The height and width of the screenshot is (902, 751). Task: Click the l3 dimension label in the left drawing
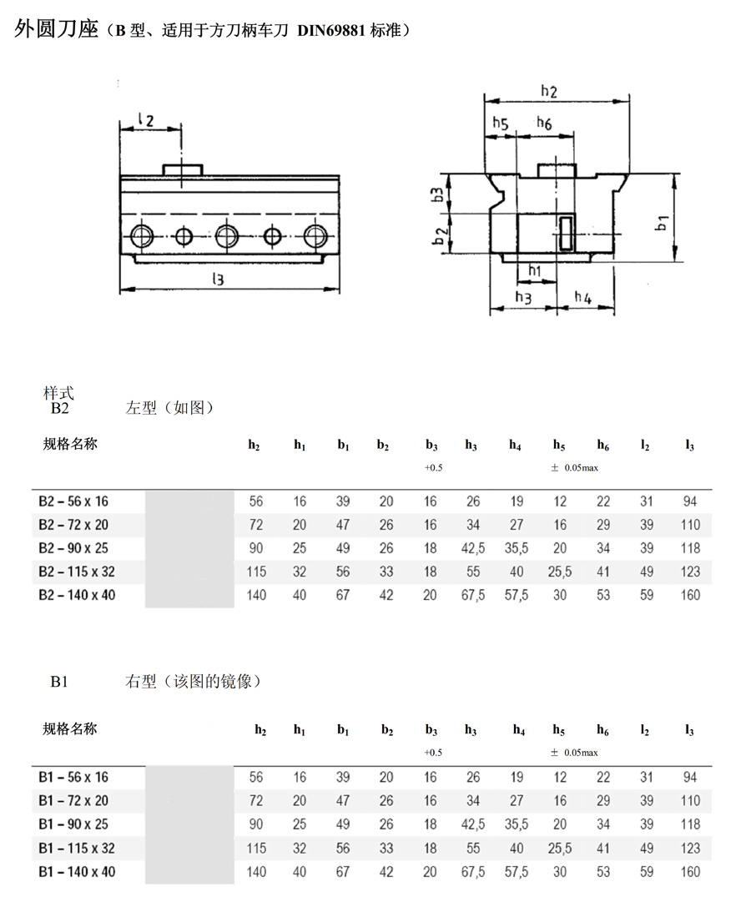(x=219, y=280)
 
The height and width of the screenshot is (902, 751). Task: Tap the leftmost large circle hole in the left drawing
(x=140, y=234)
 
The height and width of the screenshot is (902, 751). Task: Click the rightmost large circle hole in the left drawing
(x=315, y=234)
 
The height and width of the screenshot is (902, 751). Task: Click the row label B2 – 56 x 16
(x=73, y=501)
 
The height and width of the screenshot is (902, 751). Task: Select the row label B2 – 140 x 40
(x=77, y=595)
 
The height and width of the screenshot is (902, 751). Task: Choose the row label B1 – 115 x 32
(x=77, y=848)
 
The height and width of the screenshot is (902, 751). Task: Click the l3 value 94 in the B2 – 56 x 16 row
(x=689, y=501)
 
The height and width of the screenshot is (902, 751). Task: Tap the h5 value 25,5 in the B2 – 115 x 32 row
(x=559, y=572)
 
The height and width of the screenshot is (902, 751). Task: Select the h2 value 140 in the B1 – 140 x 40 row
(x=256, y=872)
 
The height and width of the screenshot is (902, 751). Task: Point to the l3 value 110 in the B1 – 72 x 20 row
(x=690, y=801)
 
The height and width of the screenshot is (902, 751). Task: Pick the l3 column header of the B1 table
(x=689, y=730)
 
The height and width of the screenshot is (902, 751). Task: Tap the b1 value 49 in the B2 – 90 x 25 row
(x=343, y=548)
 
